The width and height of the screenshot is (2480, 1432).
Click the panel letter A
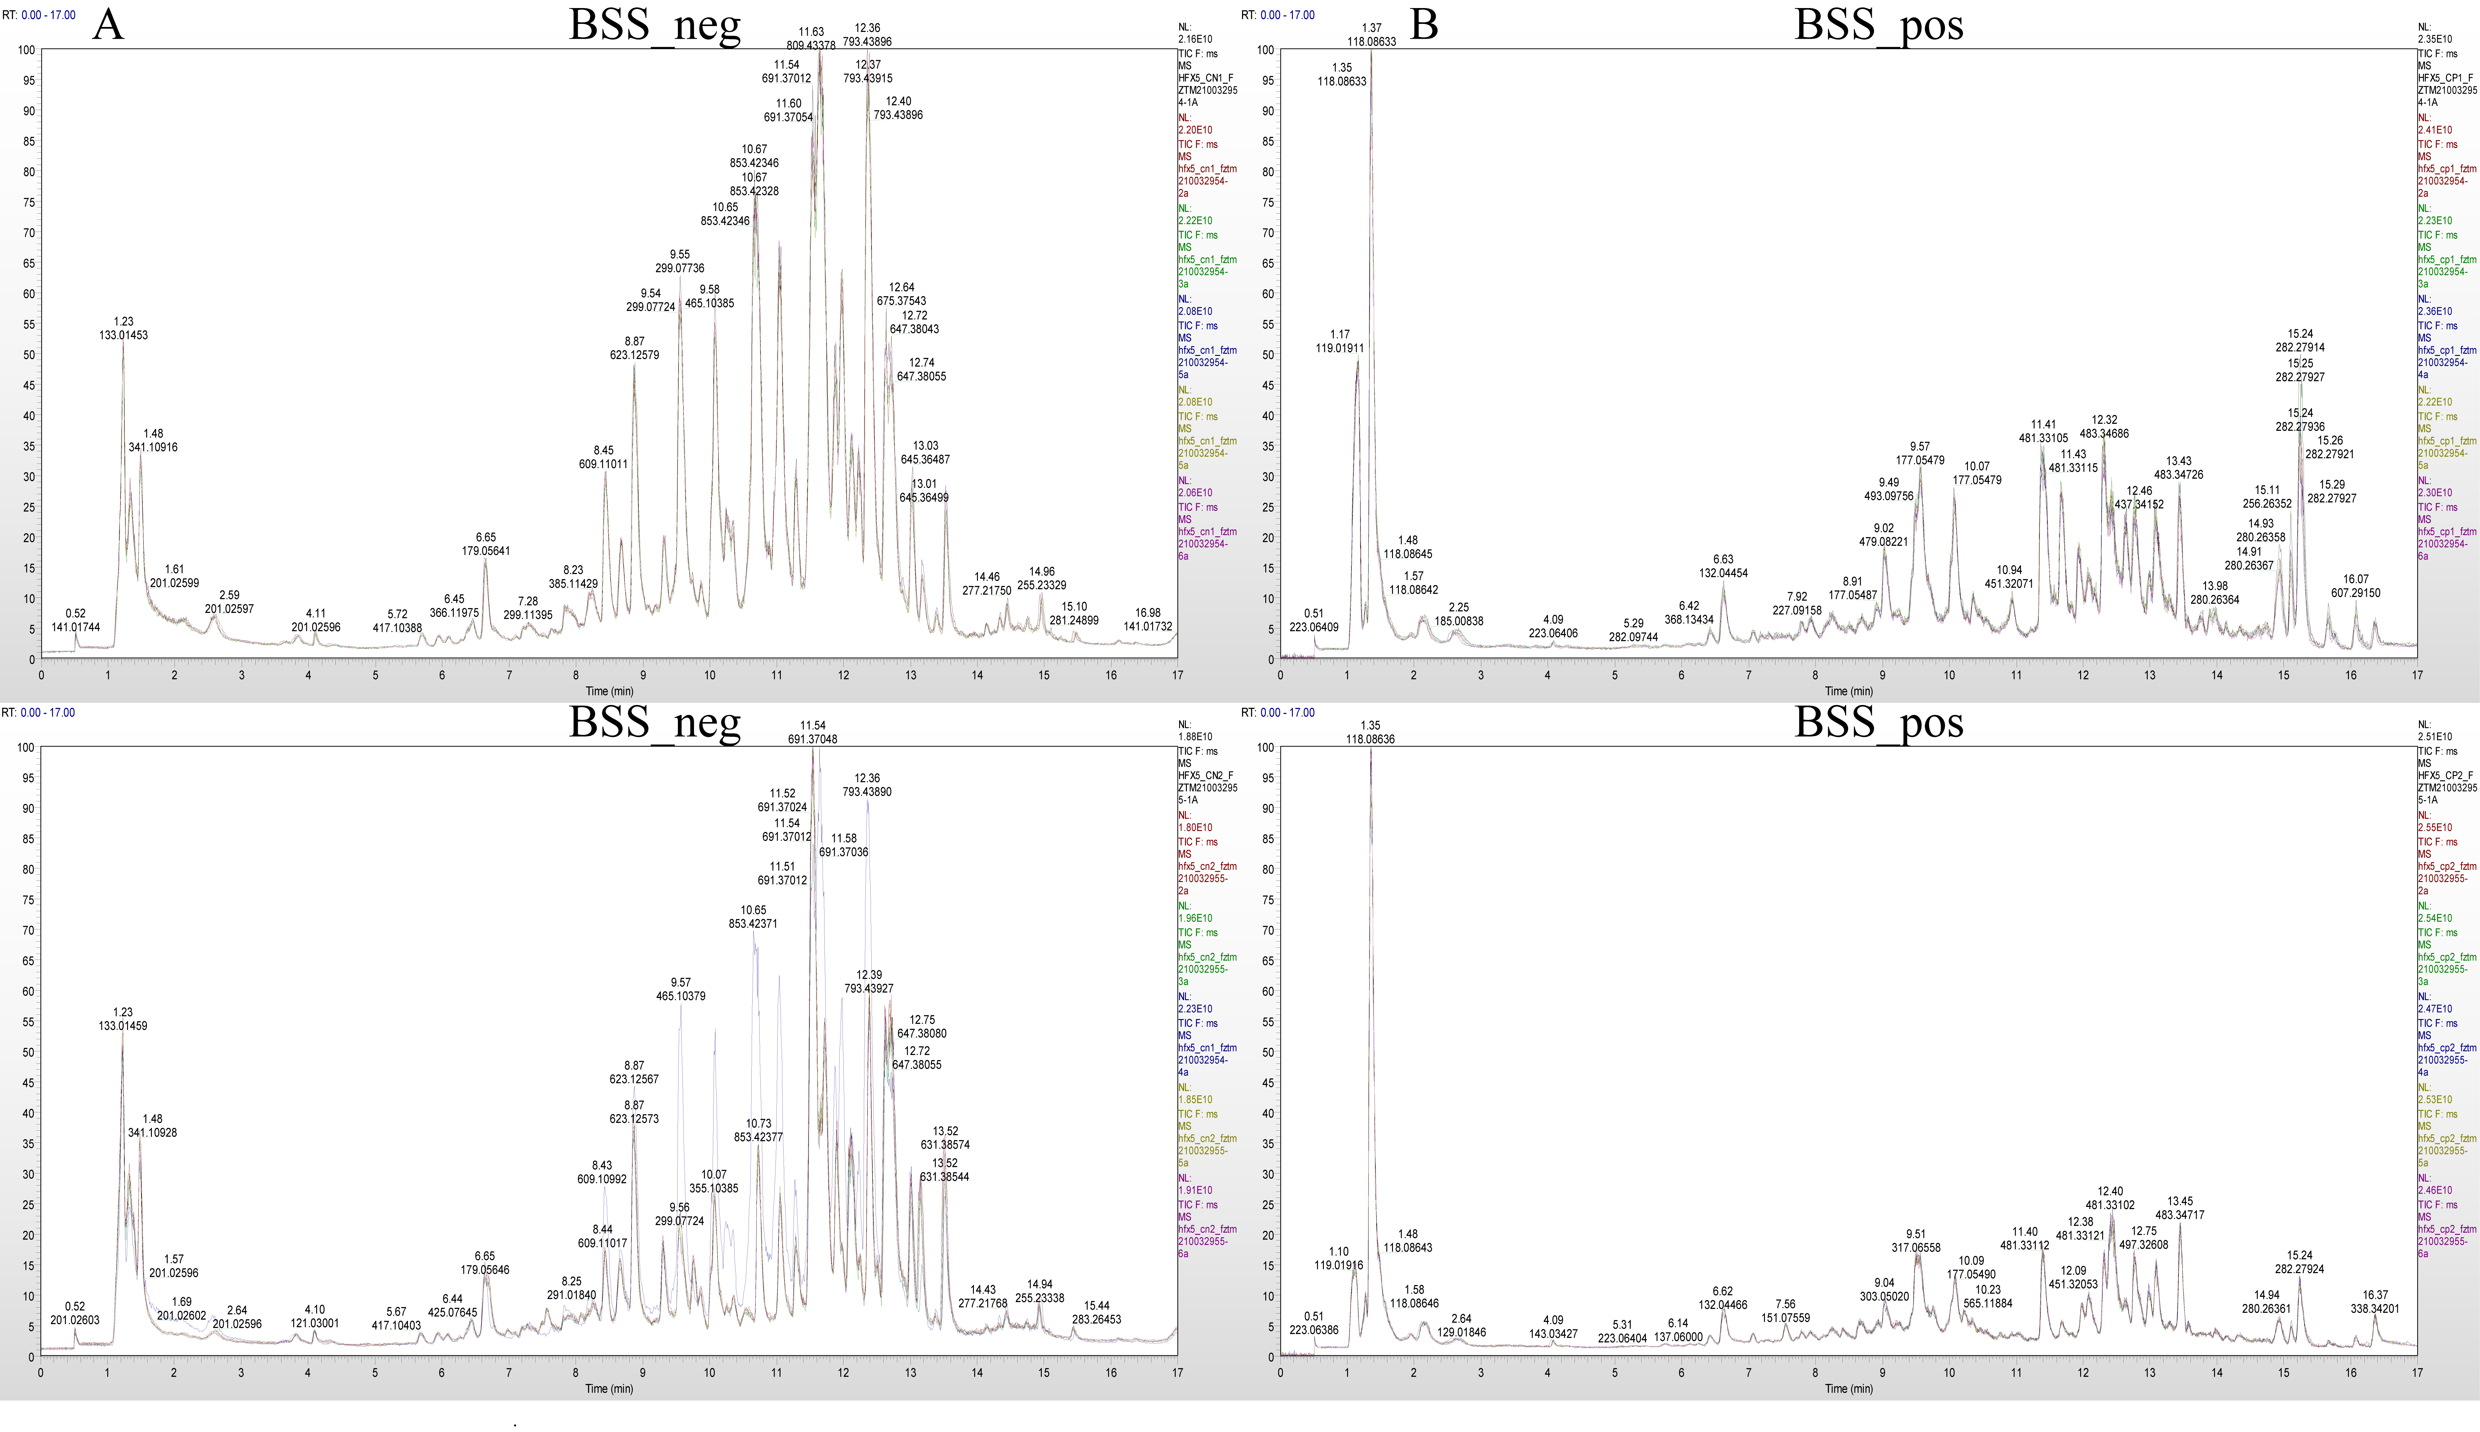[108, 24]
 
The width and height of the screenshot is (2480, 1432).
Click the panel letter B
[1424, 24]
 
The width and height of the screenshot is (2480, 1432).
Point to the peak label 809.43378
[811, 45]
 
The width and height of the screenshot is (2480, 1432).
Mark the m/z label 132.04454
[1723, 574]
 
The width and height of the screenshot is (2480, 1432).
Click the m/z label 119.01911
[1339, 348]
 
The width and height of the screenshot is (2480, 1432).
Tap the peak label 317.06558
[1916, 1248]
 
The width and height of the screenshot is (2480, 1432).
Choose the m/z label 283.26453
[1096, 1320]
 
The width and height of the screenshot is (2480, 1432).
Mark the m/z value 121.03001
[315, 1324]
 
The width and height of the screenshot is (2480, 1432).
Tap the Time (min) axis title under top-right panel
[1849, 691]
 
